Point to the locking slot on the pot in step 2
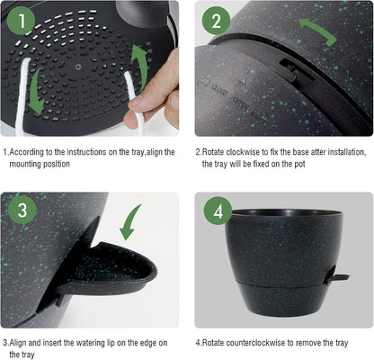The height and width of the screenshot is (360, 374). pyautogui.click(x=286, y=85)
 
